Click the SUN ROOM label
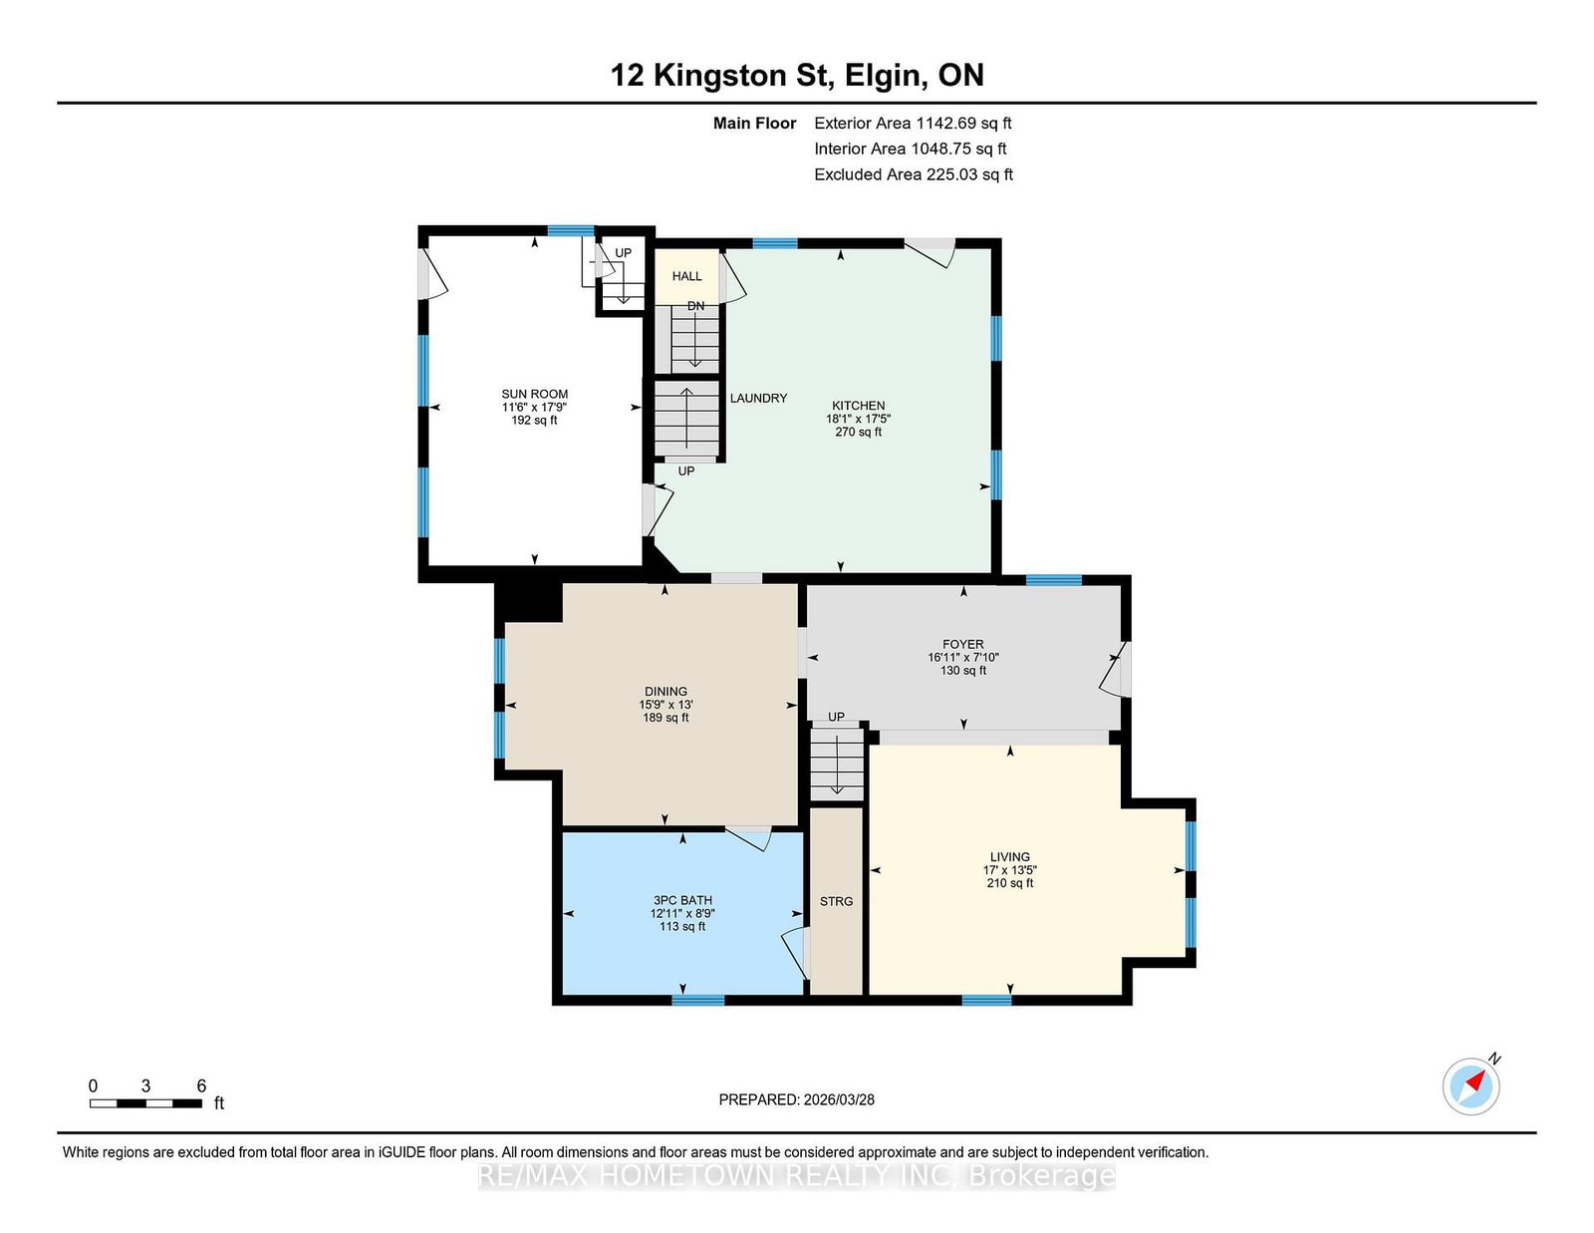534,394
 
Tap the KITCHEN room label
858,405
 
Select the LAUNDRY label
758,398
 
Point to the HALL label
686,276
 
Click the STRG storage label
836,901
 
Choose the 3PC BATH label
682,900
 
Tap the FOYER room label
963,644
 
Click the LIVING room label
1010,856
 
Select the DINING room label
666,692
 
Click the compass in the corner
1470,1086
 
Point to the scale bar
146,1103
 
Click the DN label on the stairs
695,306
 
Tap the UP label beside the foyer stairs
836,717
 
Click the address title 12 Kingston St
722,75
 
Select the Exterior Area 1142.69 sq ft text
913,124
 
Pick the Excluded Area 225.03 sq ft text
914,174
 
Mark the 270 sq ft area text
858,432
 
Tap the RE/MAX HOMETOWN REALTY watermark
797,1176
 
